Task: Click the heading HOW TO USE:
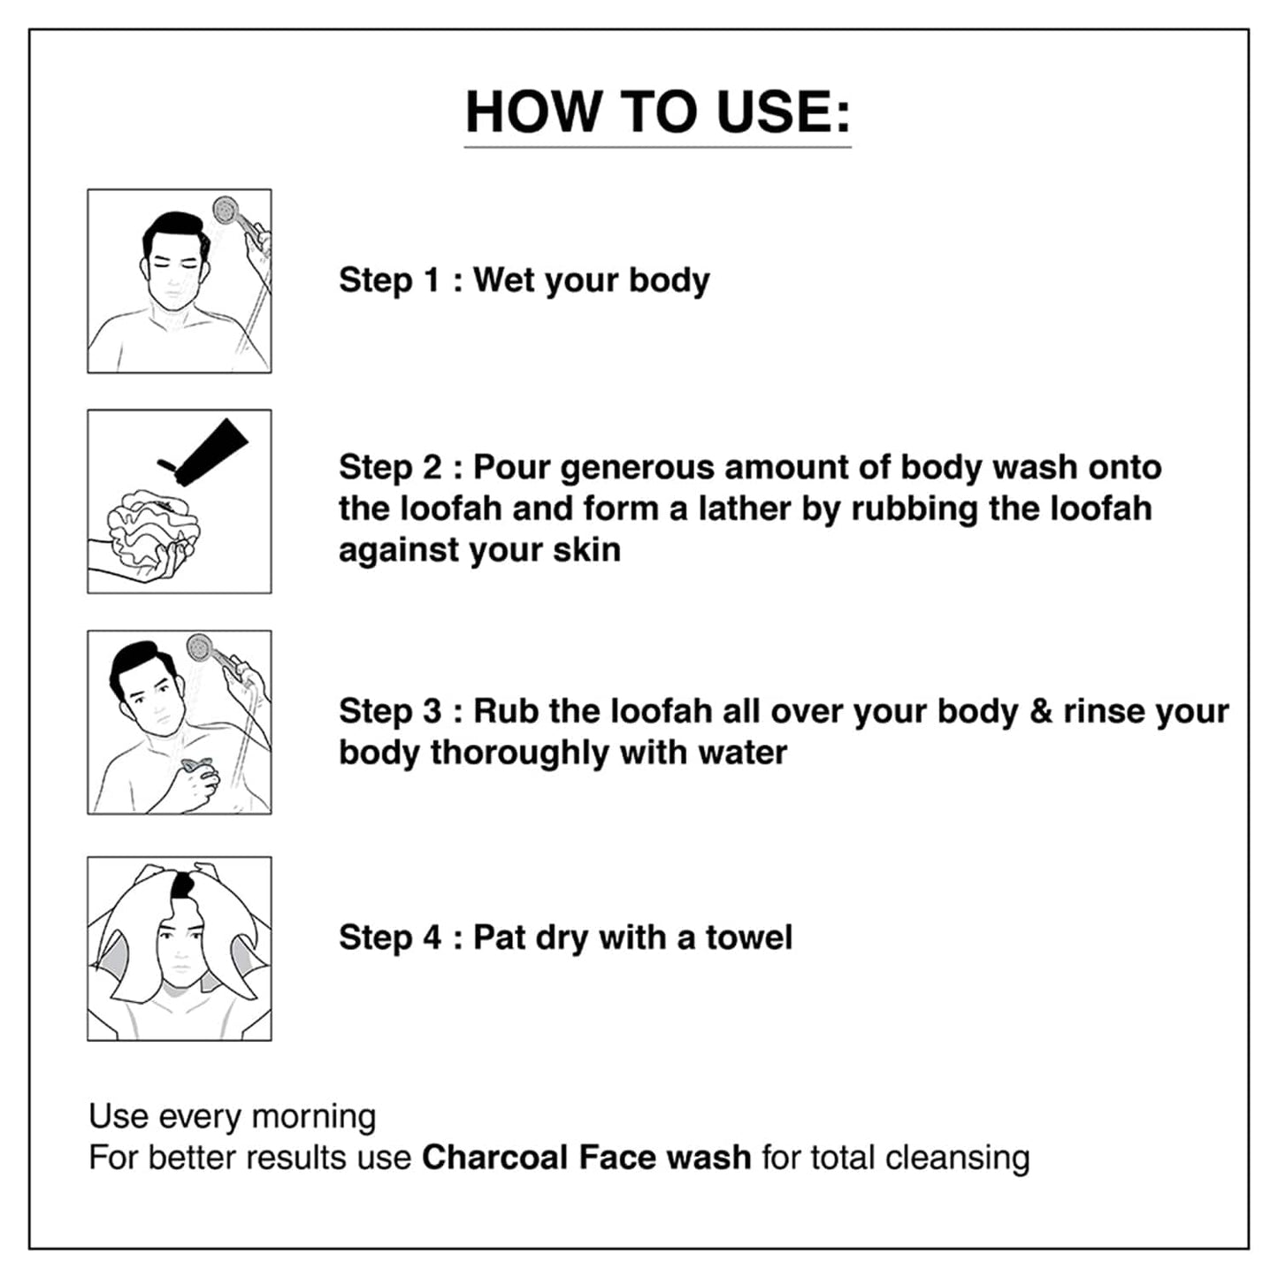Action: (657, 112)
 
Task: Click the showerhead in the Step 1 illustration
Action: (226, 211)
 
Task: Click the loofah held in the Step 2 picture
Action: (146, 528)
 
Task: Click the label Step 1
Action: (389, 280)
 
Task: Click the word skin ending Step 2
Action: (586, 549)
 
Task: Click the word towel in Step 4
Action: (748, 937)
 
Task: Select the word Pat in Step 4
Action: (499, 937)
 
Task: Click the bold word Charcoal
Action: (495, 1157)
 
